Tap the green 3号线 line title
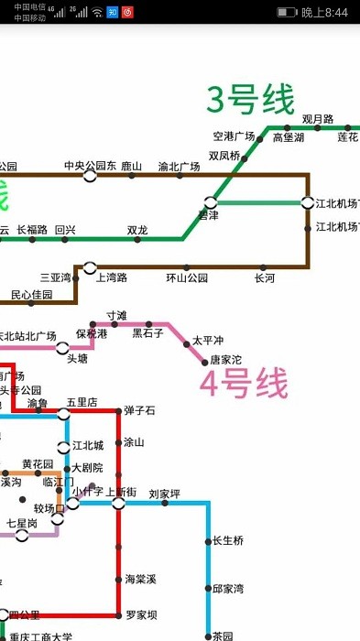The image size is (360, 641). coord(250,100)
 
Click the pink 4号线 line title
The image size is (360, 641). coord(245,385)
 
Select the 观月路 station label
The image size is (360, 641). coord(318,119)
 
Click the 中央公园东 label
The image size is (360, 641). coord(90,166)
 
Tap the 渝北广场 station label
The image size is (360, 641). coord(179,167)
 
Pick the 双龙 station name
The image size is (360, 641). coord(137,230)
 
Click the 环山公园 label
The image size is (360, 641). coord(187,277)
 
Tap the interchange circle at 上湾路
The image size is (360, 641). coord(90,267)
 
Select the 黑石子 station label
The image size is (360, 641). coord(147,333)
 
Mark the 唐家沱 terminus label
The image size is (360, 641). coord(226,360)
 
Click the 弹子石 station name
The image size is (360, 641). coord(140,409)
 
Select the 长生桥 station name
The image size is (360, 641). coord(228,540)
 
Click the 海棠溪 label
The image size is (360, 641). coord(140,579)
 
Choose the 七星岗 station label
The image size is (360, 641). coord(22,523)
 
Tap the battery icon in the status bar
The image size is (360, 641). coord(286,12)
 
